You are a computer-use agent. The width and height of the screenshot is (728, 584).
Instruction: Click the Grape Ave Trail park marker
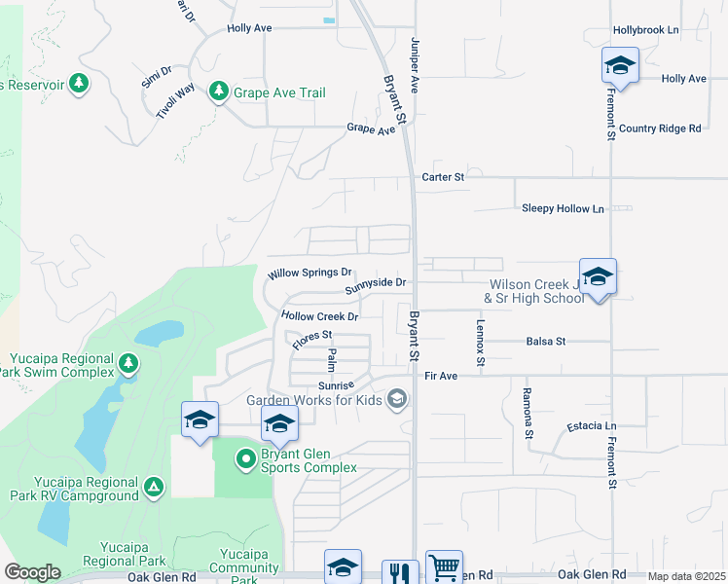[218, 91]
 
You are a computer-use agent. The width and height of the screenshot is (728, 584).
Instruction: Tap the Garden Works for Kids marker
[396, 399]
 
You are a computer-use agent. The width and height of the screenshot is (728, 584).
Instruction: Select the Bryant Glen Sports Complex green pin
[246, 457]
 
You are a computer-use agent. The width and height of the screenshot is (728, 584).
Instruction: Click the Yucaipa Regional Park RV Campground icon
[153, 486]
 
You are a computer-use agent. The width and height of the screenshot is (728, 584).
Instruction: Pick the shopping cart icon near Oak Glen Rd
[444, 567]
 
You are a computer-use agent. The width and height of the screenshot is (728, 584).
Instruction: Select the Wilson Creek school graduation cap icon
[597, 275]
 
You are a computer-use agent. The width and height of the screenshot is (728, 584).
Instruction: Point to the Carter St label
[443, 177]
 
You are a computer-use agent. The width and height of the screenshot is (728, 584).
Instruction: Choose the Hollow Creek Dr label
[320, 316]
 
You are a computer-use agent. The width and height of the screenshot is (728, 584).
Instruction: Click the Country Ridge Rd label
[660, 128]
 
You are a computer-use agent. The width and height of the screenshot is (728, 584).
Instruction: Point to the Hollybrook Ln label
[645, 30]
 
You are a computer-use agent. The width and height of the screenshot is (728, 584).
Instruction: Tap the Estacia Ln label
[592, 426]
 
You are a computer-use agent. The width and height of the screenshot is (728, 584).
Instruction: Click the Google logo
[32, 572]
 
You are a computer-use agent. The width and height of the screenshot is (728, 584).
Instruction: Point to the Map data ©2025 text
[685, 576]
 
